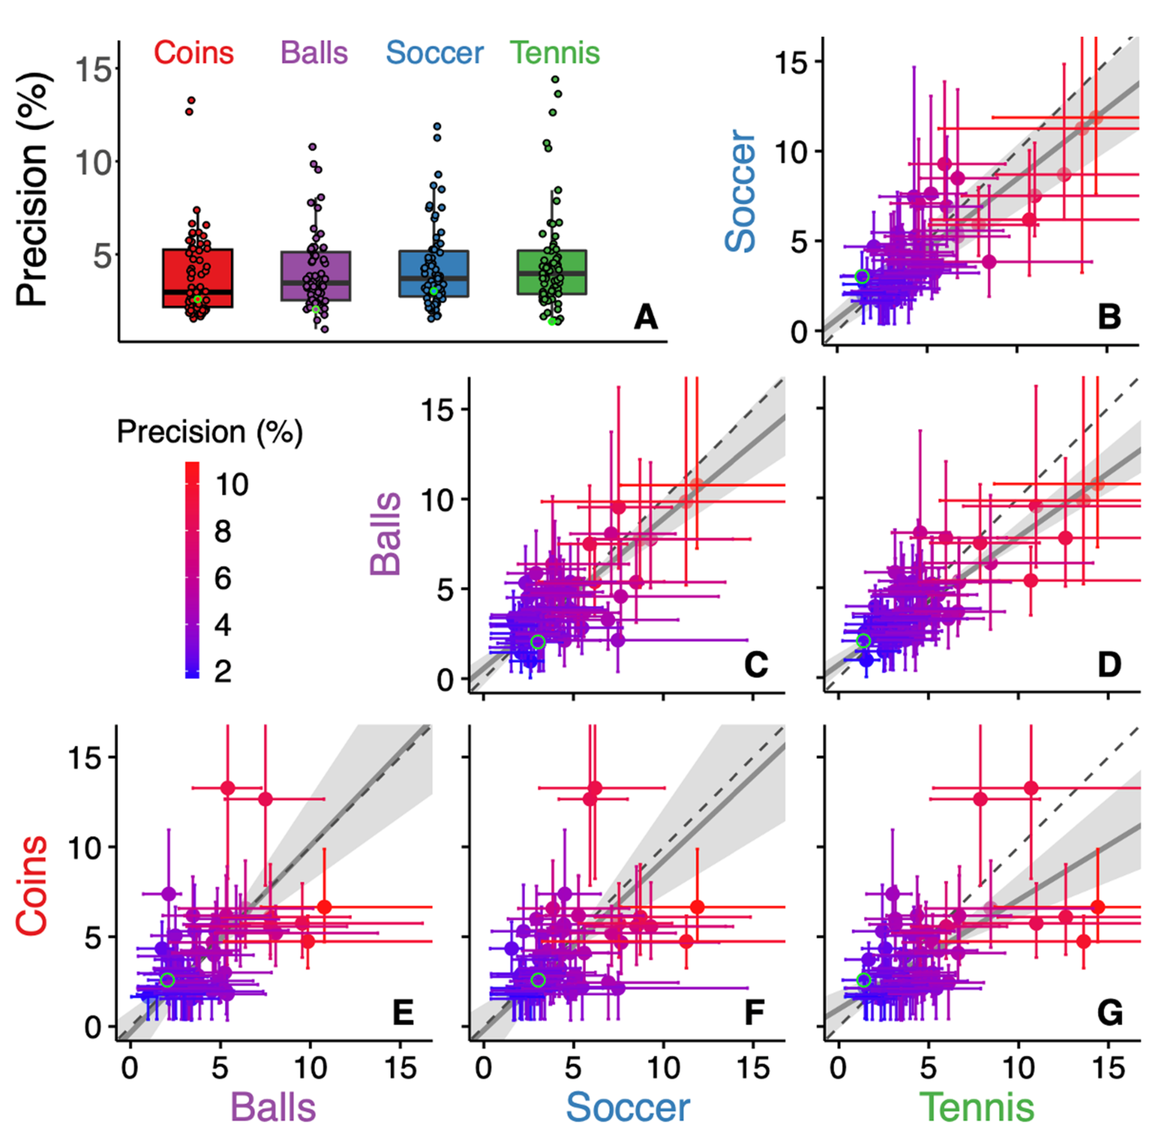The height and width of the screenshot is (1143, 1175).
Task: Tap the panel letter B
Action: coord(1109,317)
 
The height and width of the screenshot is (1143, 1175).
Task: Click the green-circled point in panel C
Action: coord(538,642)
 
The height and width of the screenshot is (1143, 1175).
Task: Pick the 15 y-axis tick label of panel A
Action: coord(93,70)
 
